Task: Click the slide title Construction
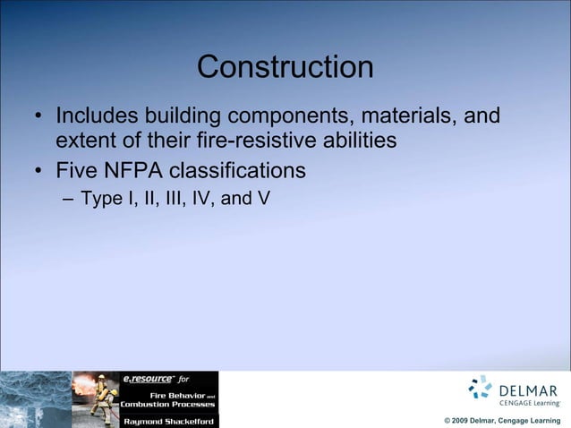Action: click(x=285, y=67)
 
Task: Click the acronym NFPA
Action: click(x=139, y=170)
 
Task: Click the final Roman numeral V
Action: click(x=263, y=198)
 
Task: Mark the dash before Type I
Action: click(x=68, y=199)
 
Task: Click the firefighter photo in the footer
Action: click(x=95, y=398)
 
